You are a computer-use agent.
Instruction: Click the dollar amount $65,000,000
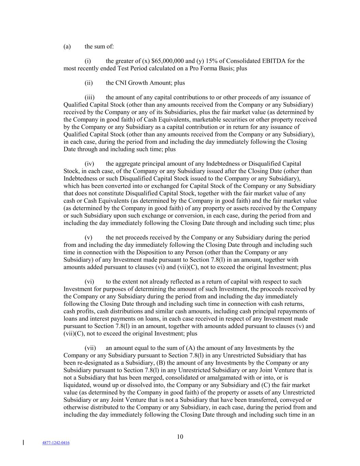tap(168, 61)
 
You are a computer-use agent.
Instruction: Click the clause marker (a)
tap(67, 46)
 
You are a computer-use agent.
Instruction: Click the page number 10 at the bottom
tap(180, 437)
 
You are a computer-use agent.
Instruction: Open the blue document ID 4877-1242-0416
tap(56, 443)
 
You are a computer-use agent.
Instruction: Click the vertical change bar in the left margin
tap(23, 443)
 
